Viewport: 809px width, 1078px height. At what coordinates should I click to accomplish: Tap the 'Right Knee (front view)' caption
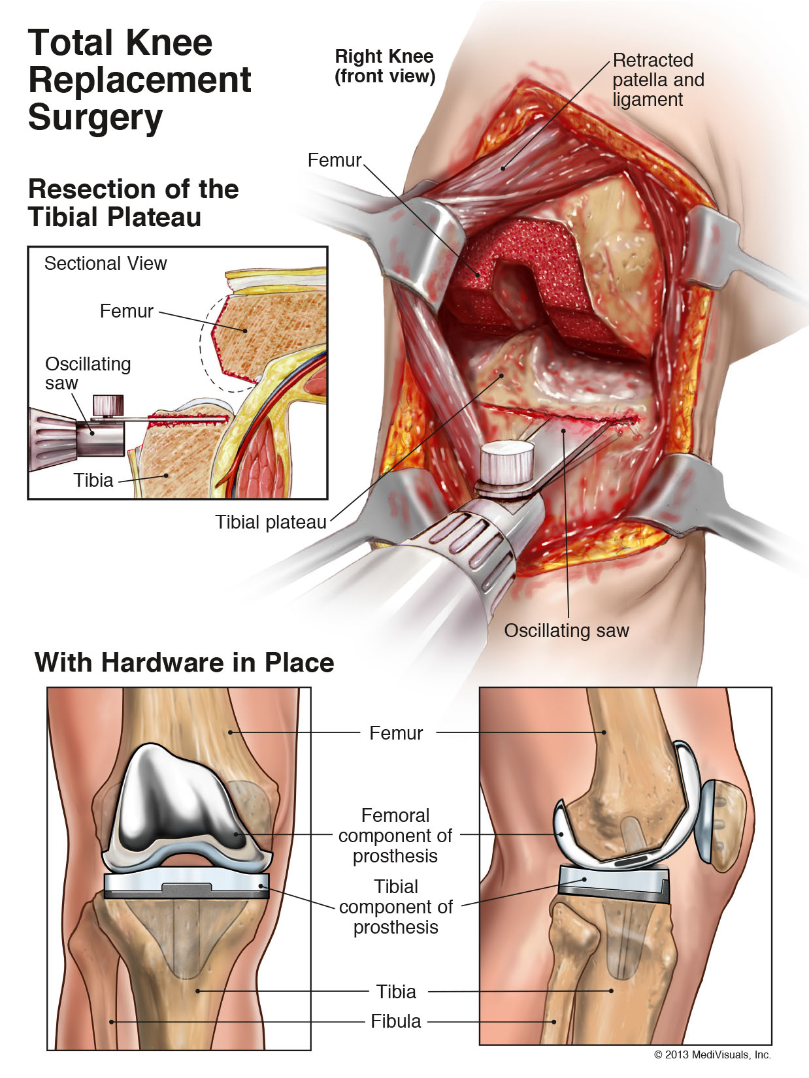click(384, 66)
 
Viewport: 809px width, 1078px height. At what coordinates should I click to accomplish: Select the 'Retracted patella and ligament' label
click(658, 80)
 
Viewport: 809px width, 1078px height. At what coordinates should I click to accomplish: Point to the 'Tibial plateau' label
click(271, 522)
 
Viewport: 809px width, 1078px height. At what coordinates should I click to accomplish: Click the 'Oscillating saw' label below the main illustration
click(566, 630)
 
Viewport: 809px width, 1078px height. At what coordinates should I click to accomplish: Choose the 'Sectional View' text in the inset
click(105, 263)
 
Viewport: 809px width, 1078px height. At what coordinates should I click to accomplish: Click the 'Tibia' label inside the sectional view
click(93, 480)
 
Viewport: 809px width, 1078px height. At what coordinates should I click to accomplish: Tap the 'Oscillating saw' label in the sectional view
click(88, 373)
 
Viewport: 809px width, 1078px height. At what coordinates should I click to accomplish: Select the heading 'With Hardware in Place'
click(184, 662)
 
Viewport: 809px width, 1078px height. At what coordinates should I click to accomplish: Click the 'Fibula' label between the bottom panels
click(395, 1021)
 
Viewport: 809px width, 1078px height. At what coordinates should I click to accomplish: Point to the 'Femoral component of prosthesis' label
click(395, 836)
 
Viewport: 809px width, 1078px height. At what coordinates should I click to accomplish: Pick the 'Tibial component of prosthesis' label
click(395, 907)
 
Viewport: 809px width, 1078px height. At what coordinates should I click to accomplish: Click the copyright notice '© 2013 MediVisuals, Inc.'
click(712, 1054)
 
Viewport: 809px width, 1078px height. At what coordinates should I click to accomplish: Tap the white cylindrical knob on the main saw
click(507, 463)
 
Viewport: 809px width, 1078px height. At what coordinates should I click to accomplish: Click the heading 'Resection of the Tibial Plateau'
click(133, 203)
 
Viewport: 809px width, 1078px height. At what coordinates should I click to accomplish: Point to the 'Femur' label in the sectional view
click(126, 311)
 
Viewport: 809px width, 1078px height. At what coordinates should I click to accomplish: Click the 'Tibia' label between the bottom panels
click(396, 992)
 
